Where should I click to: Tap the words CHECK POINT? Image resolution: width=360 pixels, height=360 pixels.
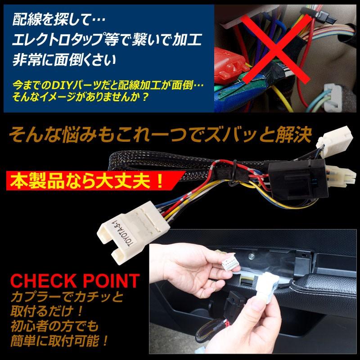pyautogui.click(x=75, y=281)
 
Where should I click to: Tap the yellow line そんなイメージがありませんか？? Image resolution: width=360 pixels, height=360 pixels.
pyautogui.click(x=81, y=96)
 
